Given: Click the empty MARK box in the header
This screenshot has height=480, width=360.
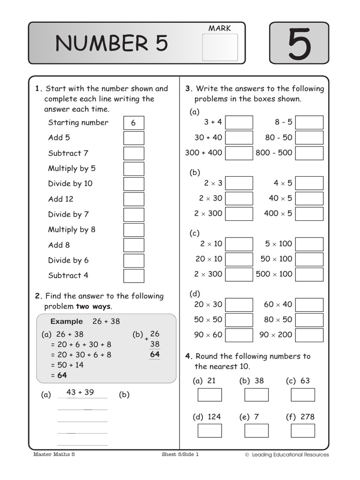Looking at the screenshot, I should coord(220,47).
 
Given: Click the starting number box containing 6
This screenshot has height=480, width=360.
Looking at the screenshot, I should coord(134,123).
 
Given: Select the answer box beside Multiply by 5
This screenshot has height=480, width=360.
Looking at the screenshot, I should coord(134,169).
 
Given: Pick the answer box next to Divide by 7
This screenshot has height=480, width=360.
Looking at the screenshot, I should coord(134,215).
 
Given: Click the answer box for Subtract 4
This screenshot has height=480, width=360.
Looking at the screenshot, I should coord(134,276).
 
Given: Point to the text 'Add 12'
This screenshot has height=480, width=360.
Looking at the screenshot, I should coord(60,199).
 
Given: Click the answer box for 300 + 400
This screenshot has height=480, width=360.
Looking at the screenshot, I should coord(239,153).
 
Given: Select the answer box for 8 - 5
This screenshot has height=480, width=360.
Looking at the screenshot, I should coord(309,122).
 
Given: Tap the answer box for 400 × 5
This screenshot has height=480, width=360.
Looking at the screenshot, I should coord(309,214).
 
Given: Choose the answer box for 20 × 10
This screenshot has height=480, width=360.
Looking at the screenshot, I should coord(239,259).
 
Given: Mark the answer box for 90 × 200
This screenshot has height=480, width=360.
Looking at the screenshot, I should coord(309,335).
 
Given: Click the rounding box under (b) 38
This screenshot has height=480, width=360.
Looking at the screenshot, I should coord(256,395).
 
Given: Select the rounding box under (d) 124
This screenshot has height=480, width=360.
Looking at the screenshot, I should coord(210,431).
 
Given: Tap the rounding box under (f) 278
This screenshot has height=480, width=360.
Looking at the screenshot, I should coord(303,431).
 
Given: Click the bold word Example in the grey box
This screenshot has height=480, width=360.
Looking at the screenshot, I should coord(67,322).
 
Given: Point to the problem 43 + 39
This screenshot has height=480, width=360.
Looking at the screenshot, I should coord(80,392).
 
